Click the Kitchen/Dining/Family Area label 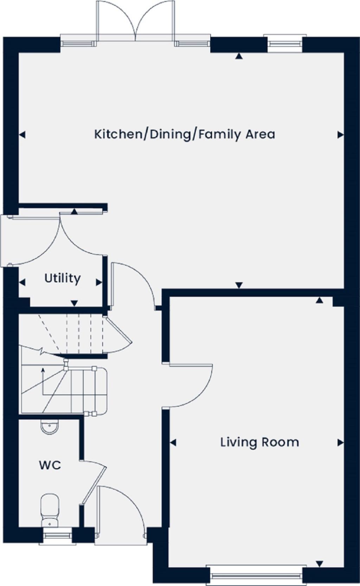coord(185,135)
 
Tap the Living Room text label coord(259,442)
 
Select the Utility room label coord(62,278)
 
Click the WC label coord(50,465)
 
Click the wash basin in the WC coord(50,428)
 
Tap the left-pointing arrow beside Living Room coord(173,443)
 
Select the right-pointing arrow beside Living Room coord(340,443)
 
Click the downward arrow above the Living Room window coord(319,564)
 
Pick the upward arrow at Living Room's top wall coord(319,300)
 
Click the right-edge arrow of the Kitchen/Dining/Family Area coord(340,135)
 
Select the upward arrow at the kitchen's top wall coord(239,56)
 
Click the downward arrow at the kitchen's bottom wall coord(239,285)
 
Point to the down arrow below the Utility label coord(74,303)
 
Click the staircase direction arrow coord(43,370)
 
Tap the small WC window coord(57,535)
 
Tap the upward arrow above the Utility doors coord(74,212)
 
